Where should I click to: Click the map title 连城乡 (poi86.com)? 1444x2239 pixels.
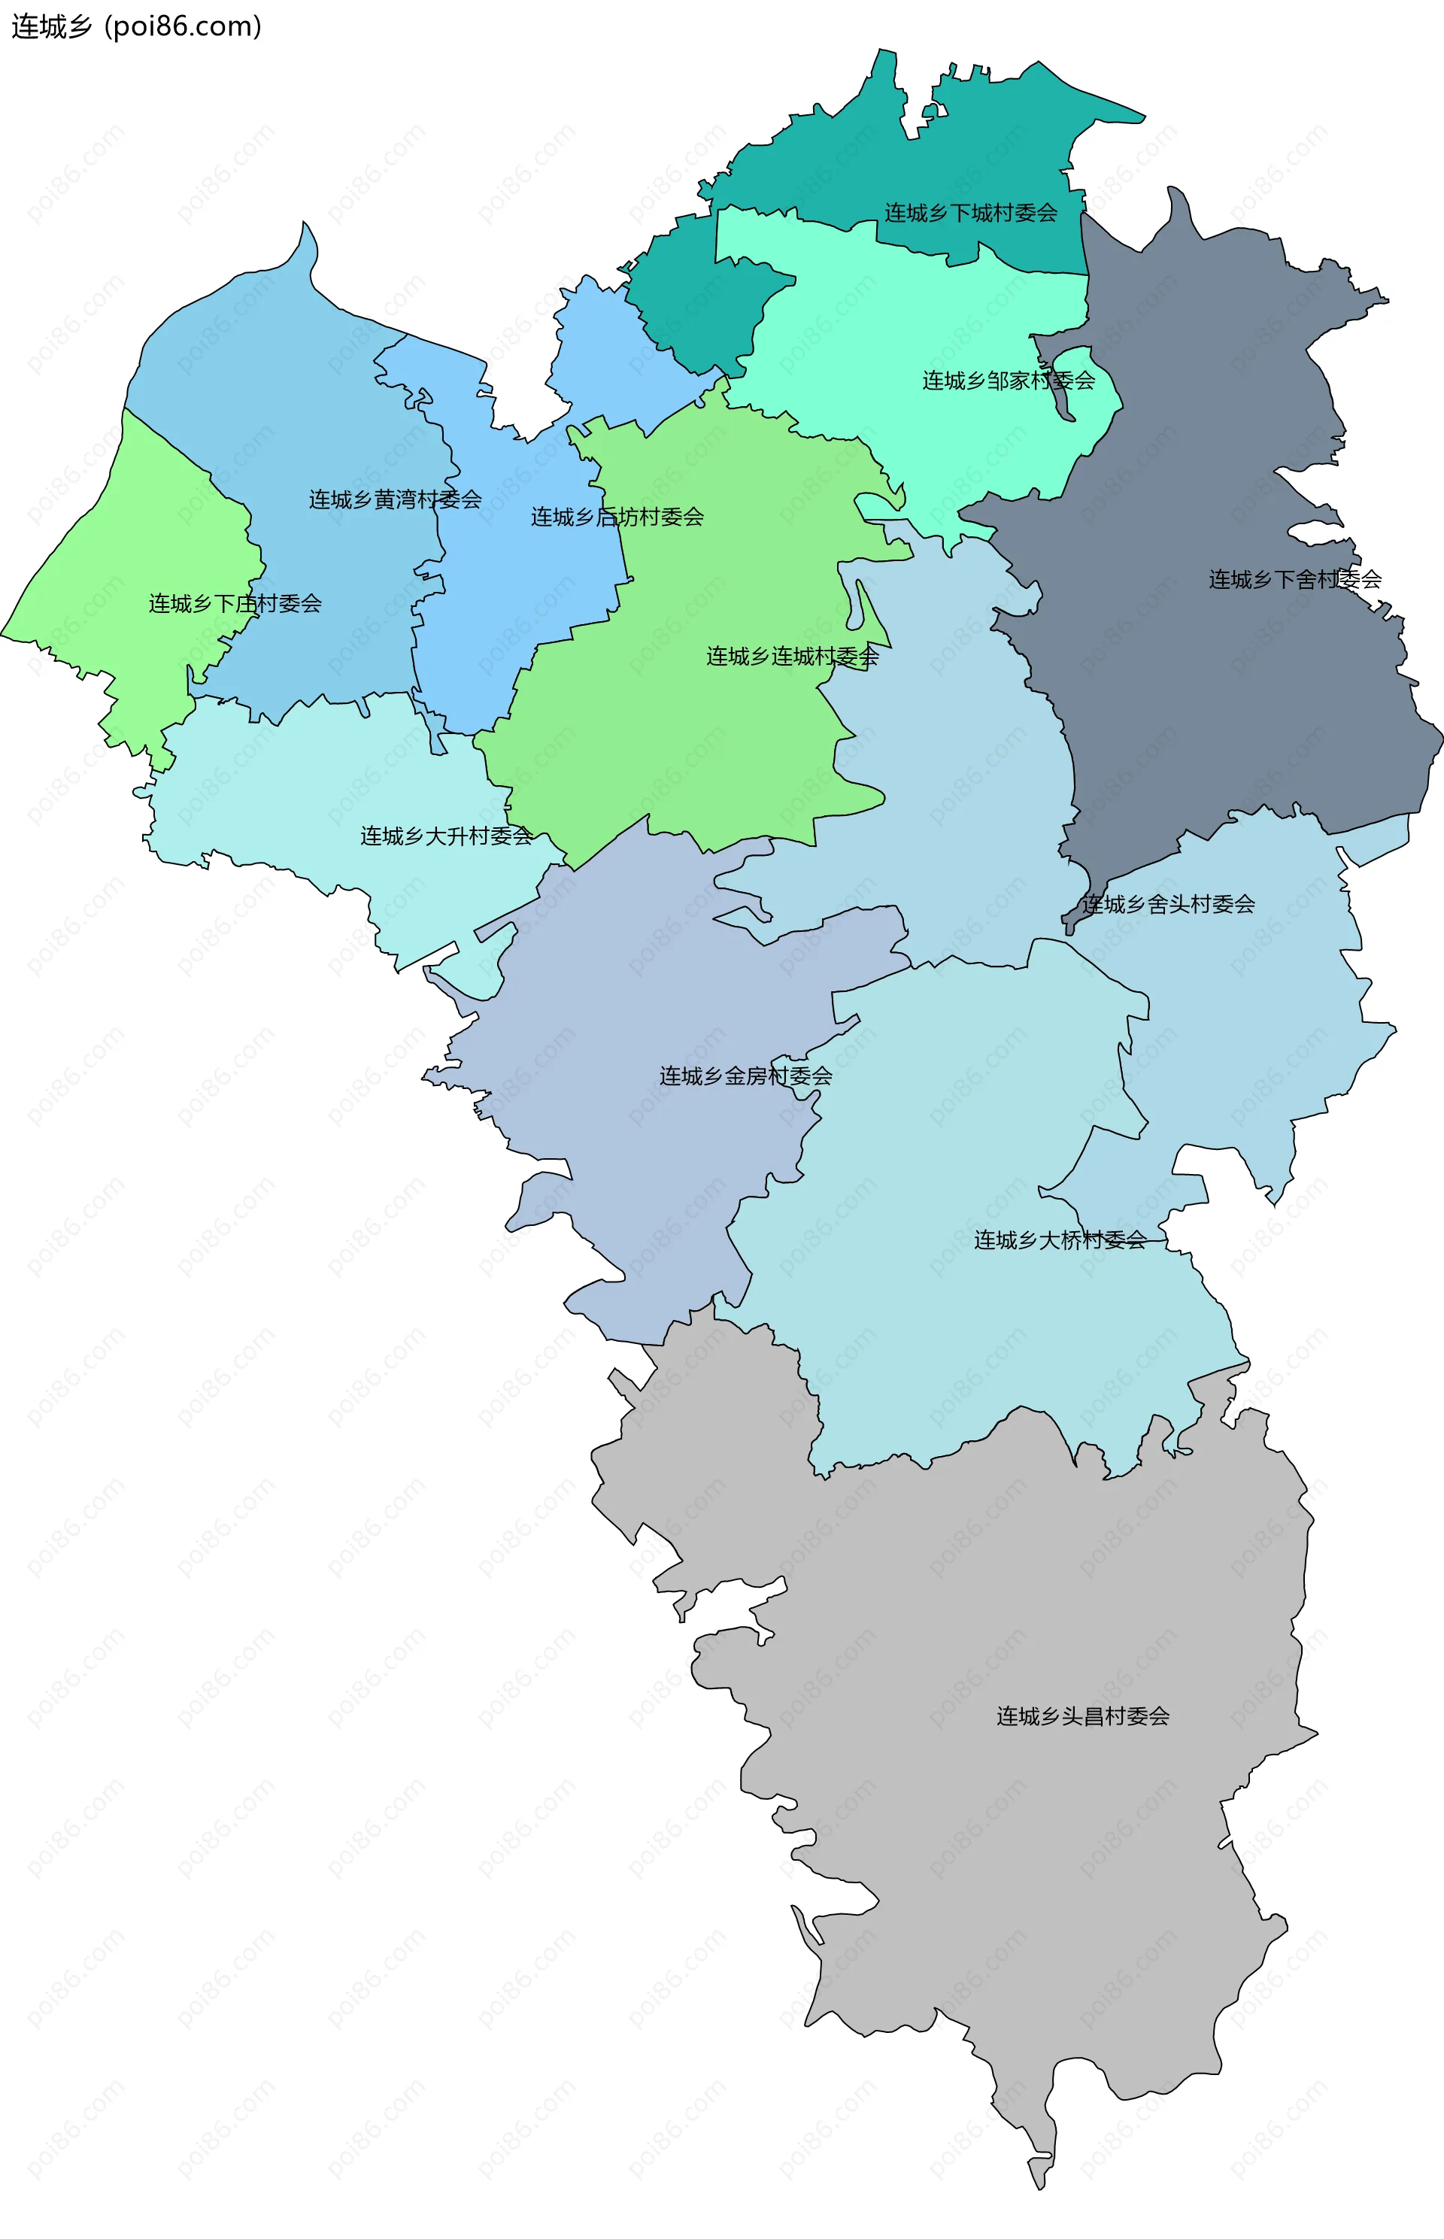coord(136,26)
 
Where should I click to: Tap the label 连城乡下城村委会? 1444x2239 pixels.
coord(970,213)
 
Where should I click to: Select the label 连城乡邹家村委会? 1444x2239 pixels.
coord(1008,381)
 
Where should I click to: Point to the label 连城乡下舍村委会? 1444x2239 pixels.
coord(1294,579)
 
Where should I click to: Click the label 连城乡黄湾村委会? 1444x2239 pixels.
coord(395,499)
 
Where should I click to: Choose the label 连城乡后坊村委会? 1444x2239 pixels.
coord(617,517)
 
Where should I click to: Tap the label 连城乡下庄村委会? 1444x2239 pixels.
coord(235,604)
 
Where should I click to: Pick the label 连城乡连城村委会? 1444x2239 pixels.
coord(793,657)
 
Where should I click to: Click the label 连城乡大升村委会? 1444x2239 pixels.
coord(446,836)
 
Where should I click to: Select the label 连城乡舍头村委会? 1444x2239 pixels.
coord(1167,904)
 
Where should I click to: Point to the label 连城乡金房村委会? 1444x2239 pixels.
coord(745,1076)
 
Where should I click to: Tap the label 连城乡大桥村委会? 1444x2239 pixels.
coord(1060,1240)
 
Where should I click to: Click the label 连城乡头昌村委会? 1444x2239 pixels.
coord(1083,1716)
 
